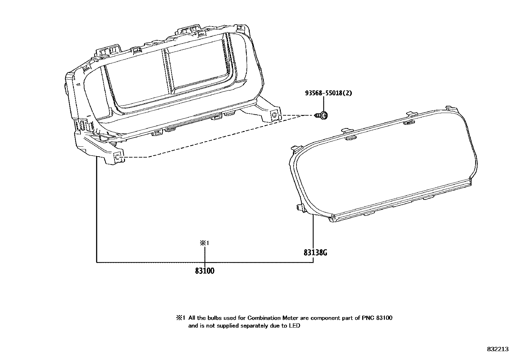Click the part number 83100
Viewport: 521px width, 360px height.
[x=205, y=271]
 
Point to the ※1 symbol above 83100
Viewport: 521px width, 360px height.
[x=205, y=243]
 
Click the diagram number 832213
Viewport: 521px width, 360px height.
[x=497, y=349]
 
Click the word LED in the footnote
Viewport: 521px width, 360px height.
[x=295, y=326]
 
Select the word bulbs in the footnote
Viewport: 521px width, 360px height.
[x=215, y=318]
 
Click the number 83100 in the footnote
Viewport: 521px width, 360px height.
[x=384, y=318]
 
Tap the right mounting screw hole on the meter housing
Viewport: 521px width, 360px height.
[x=275, y=115]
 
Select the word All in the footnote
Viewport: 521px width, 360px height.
[x=192, y=318]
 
